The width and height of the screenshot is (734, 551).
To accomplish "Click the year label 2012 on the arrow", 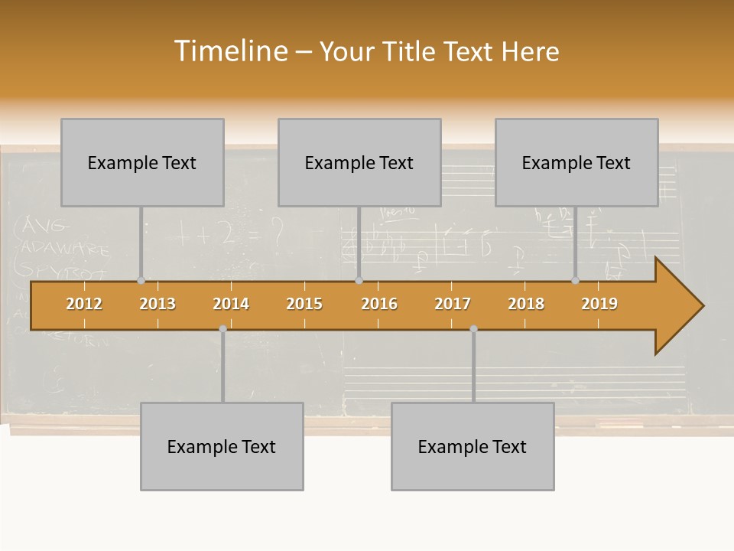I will (x=84, y=304).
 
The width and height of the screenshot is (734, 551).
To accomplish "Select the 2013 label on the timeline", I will (x=158, y=304).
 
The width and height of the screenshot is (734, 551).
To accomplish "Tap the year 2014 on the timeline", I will (x=231, y=304).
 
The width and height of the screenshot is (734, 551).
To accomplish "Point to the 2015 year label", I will (x=304, y=304).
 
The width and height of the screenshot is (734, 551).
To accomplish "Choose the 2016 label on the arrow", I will (x=379, y=304).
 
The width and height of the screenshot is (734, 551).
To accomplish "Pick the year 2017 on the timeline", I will (x=453, y=304).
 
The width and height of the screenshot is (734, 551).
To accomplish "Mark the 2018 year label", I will (x=526, y=304).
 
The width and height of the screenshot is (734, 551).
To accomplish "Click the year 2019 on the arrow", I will (x=599, y=304).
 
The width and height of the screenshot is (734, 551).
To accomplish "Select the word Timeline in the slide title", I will (x=229, y=51).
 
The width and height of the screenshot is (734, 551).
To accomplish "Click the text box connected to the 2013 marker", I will (x=142, y=162).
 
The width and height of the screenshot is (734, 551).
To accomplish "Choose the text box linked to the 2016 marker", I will (x=359, y=162).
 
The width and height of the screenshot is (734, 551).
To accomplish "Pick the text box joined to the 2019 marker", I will (x=576, y=162).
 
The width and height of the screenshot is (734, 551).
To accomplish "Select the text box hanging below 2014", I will (x=222, y=446).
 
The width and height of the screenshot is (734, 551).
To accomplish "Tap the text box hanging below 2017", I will (x=473, y=446).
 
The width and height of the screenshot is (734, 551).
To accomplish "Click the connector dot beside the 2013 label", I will (x=141, y=280).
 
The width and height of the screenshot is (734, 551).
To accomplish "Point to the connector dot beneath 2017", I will (x=473, y=328).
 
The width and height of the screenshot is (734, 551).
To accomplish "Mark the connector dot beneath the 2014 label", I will (x=222, y=328).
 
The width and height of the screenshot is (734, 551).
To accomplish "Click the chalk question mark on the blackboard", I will (x=276, y=231).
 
